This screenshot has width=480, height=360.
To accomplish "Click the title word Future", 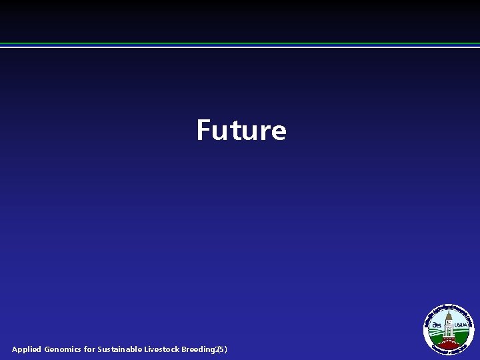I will [241, 130].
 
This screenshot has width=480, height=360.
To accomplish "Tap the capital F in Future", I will [203, 130].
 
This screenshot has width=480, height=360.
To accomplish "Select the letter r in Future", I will [264, 132].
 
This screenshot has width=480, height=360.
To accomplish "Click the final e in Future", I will [279, 132].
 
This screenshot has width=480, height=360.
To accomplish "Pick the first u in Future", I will [218, 132].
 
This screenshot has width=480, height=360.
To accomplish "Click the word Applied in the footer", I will [26, 349].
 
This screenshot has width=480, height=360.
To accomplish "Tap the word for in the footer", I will [89, 349].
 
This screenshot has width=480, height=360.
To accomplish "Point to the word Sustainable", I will [120, 349].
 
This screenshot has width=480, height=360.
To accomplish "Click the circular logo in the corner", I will [449, 328].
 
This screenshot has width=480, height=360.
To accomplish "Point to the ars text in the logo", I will [437, 325].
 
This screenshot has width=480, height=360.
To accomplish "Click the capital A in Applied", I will [15, 349].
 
